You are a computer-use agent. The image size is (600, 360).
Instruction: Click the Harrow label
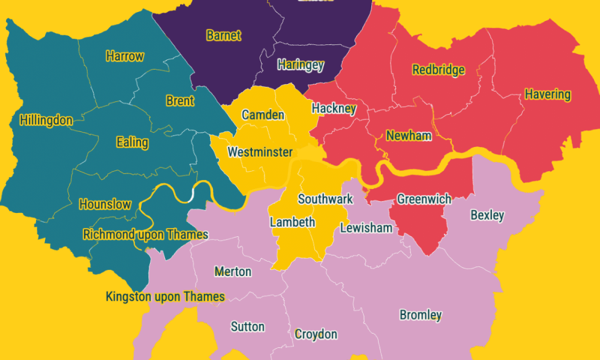pyautogui.click(x=125, y=56)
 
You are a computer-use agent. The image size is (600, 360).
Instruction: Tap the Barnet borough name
pyautogui.click(x=223, y=35)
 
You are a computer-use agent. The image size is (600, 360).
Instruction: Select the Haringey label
pyautogui.click(x=301, y=65)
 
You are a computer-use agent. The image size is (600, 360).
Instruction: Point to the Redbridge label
pyautogui.click(x=439, y=70)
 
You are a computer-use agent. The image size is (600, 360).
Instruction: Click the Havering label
pyautogui.click(x=547, y=94)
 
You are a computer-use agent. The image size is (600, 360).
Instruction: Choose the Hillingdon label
pyautogui.click(x=46, y=120)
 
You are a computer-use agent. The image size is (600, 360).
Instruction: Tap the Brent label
pyautogui.click(x=180, y=101)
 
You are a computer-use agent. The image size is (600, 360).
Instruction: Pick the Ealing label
pyautogui.click(x=132, y=142)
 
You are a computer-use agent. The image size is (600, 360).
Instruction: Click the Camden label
pyautogui.click(x=263, y=115)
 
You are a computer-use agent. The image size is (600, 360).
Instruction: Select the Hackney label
pyautogui.click(x=334, y=109)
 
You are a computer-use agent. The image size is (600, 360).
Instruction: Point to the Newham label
pyautogui.click(x=409, y=136)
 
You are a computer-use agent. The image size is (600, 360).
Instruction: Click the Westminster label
pyautogui.click(x=260, y=152)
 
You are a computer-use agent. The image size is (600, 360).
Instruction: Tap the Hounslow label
pyautogui.click(x=105, y=204)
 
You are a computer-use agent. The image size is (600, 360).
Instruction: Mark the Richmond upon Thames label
pyautogui.click(x=146, y=234)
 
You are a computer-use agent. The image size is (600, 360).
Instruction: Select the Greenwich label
pyautogui.click(x=424, y=199)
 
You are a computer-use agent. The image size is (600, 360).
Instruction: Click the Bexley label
pyautogui.click(x=487, y=215)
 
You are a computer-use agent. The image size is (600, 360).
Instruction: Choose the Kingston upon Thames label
pyautogui.click(x=165, y=296)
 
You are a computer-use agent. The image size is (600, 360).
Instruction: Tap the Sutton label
pyautogui.click(x=247, y=326)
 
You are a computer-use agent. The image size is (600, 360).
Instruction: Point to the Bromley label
pyautogui.click(x=421, y=315)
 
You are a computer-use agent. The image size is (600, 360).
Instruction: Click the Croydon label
pyautogui.click(x=316, y=334)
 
